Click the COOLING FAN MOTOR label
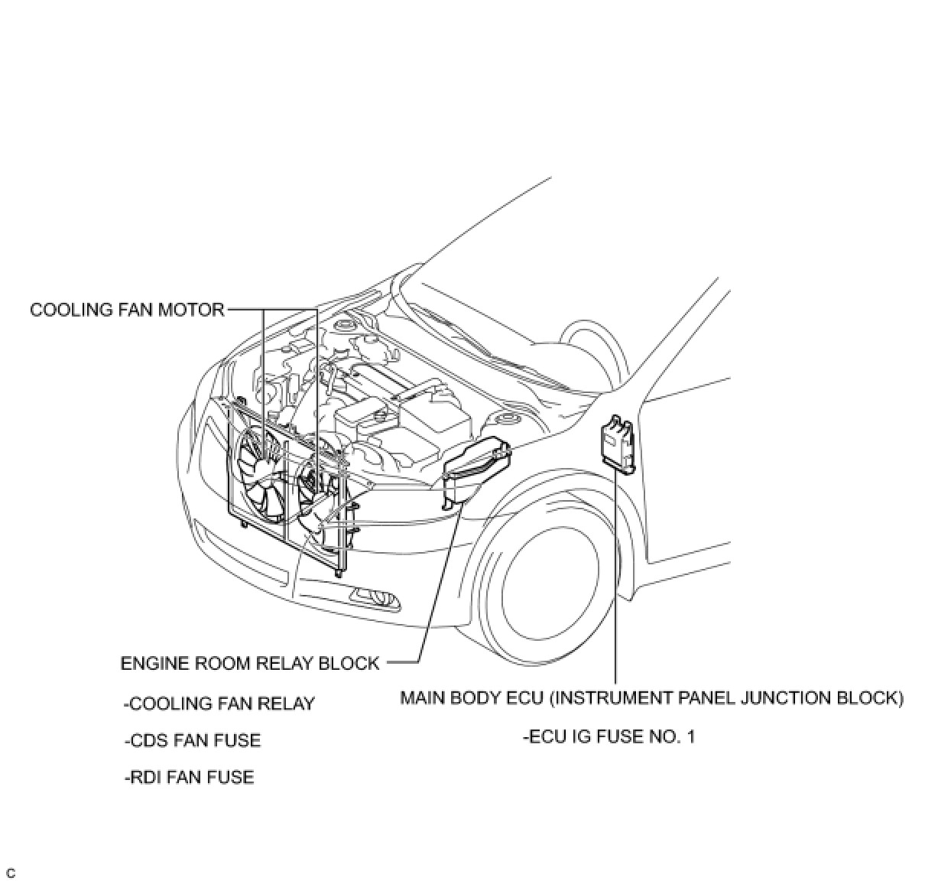click(x=127, y=310)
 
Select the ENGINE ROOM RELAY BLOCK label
click(x=250, y=663)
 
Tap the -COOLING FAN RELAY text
click(x=219, y=704)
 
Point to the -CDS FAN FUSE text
click(x=193, y=740)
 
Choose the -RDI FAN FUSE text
click(x=189, y=777)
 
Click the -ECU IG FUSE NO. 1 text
click(x=609, y=737)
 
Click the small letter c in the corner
click(x=10, y=873)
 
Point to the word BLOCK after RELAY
click(x=352, y=663)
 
